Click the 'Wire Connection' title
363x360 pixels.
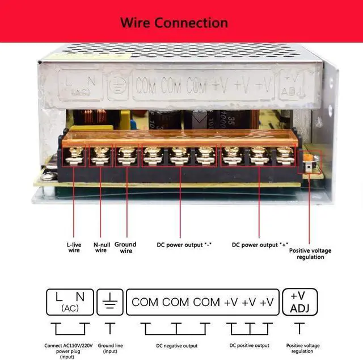tap(174, 23)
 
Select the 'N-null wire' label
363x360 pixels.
tap(100, 247)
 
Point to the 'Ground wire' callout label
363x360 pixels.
tap(126, 247)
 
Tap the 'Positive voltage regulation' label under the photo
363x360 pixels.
tap(310, 253)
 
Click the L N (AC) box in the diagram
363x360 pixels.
tap(70, 302)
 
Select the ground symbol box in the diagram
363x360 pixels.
tap(109, 302)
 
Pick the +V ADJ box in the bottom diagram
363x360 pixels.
tap(298, 302)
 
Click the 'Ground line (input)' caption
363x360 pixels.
tap(109, 348)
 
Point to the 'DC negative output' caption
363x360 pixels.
tap(177, 345)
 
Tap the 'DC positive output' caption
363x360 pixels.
tap(250, 345)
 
